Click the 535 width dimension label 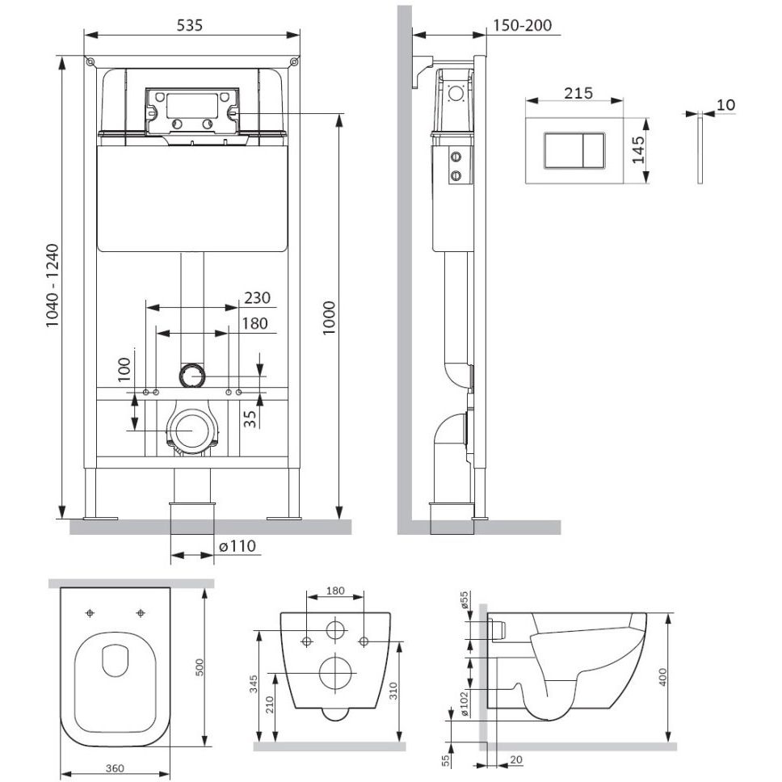tap(190, 25)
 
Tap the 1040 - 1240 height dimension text tap(53, 285)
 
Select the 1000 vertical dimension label tap(329, 318)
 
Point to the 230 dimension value tap(258, 298)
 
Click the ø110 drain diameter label tap(238, 546)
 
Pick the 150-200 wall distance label tap(523, 25)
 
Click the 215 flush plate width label tap(578, 93)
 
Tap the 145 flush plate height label tap(638, 150)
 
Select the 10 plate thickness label tap(726, 105)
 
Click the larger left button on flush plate tap(564, 151)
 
